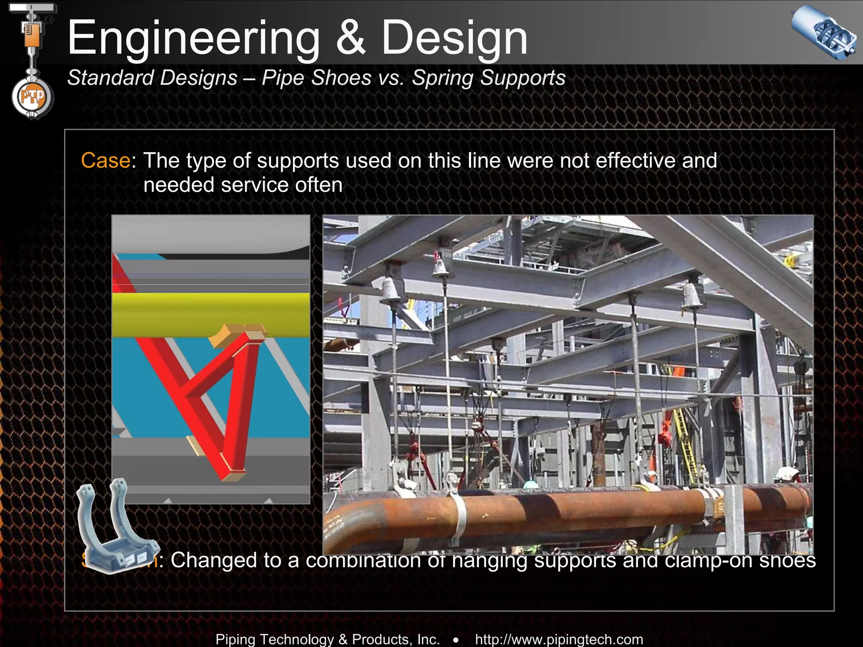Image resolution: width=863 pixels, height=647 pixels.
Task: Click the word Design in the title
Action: [x=454, y=39]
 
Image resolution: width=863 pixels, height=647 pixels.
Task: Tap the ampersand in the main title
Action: [x=351, y=39]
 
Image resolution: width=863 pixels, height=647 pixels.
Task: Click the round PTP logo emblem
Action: [x=32, y=98]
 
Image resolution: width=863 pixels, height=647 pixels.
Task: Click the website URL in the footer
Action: [x=559, y=639]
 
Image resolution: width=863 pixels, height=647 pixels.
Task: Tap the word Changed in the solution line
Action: [x=214, y=560]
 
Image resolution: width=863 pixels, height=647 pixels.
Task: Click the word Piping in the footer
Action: [x=237, y=639]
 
